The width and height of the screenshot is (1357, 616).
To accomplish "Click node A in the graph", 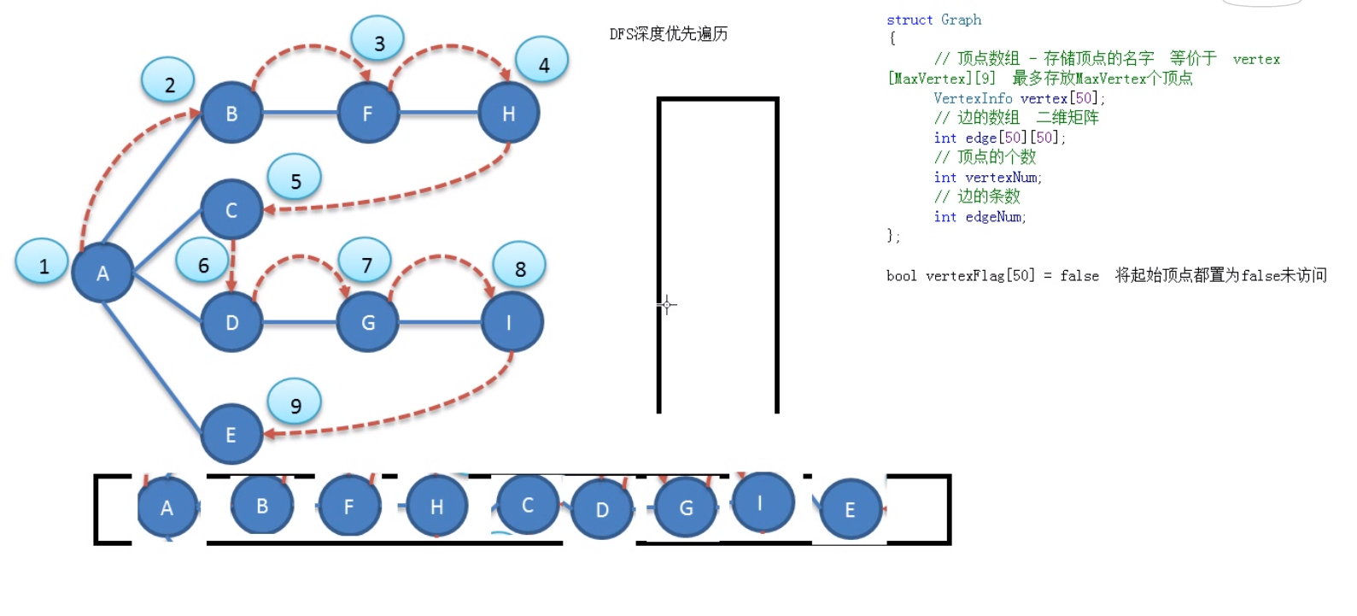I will pos(102,273).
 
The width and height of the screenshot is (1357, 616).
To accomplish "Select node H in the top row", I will pos(509,113).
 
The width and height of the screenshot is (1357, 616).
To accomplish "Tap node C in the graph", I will pos(231,209).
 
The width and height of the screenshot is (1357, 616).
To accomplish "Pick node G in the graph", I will pos(368,322).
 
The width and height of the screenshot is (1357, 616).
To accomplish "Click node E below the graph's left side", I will pos(231,434).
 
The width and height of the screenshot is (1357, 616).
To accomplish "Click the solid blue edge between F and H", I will pos(439,113).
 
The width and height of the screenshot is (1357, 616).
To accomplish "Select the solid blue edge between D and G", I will pos(300,322).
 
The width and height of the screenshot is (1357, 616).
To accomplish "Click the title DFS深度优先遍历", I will pos(668,34).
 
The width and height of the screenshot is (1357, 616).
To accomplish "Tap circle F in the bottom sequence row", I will pos(348,506).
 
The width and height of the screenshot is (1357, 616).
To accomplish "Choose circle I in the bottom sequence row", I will pos(759,502).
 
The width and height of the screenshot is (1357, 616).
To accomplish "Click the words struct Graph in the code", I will pos(933,20).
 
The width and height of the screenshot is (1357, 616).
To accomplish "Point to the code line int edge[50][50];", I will pos(999,138).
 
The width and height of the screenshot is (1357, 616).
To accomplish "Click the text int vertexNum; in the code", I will pos(987,177).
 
